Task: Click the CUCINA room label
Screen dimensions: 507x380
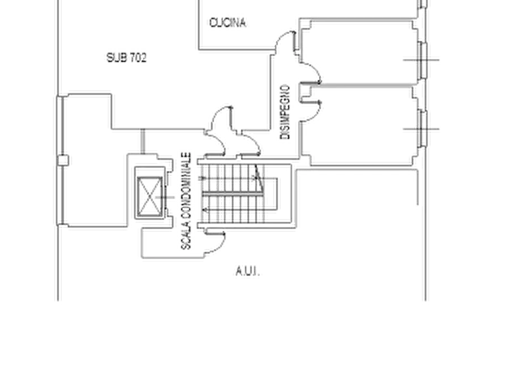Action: point(228,23)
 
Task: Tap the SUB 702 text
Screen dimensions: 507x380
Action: point(127,57)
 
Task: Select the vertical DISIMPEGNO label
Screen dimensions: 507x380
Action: point(285,112)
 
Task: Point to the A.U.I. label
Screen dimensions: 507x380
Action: point(248,272)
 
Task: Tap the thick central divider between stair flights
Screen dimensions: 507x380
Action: point(233,193)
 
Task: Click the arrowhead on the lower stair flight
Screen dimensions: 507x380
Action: point(205,210)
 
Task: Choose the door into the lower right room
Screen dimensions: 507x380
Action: point(311,112)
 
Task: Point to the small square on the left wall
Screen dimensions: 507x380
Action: point(63,161)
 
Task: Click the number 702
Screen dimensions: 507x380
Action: point(139,57)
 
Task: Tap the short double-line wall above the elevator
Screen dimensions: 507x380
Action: point(143,142)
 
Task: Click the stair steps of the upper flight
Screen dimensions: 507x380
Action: point(233,178)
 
